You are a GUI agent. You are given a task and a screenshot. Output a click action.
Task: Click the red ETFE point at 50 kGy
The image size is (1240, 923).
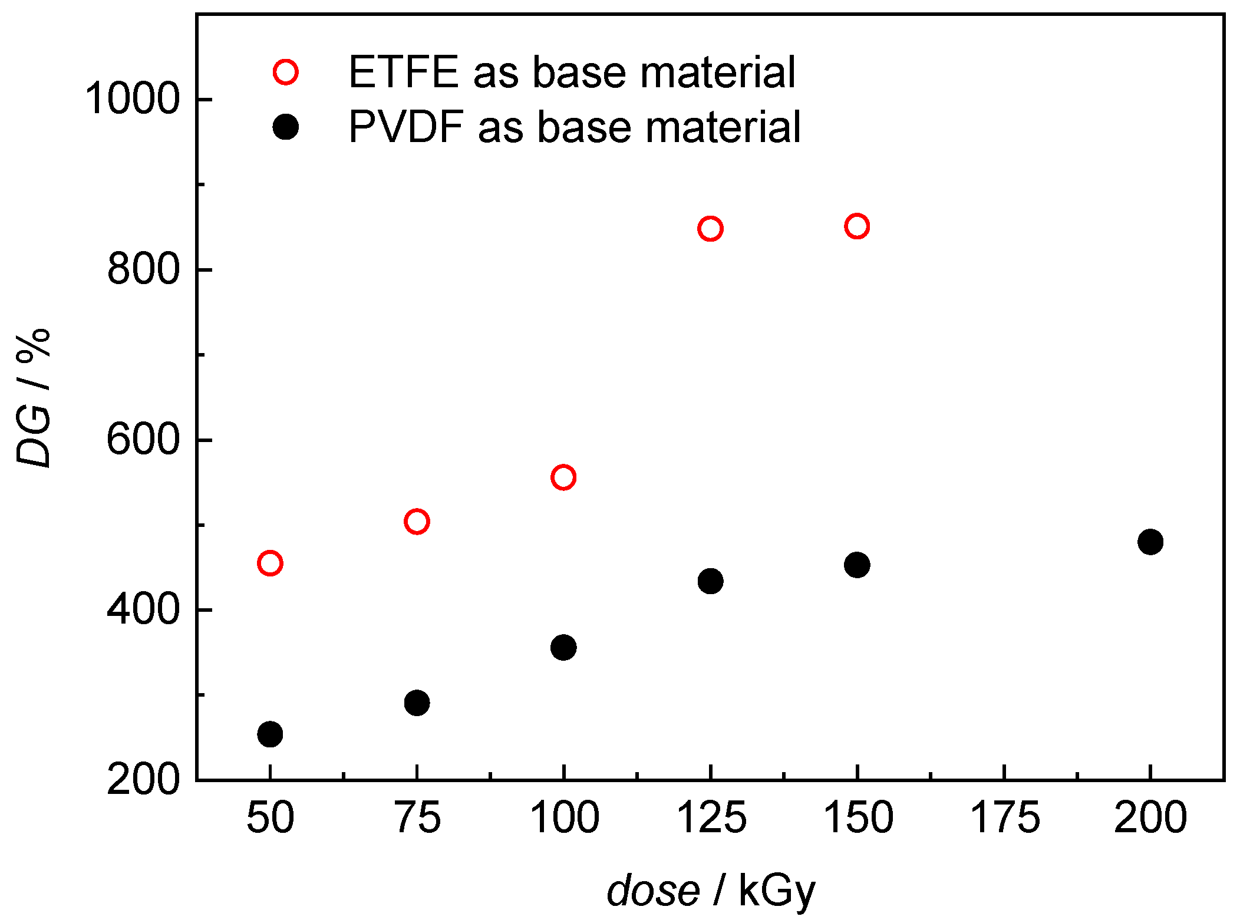270,563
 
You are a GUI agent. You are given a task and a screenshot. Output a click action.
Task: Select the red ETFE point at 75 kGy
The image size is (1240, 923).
417,522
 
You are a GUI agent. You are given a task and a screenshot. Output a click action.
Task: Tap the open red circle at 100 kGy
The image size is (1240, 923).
563,477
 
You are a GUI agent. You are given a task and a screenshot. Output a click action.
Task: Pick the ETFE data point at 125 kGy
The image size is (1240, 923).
710,229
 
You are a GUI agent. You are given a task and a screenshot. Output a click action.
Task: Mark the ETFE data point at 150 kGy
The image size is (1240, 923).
857,226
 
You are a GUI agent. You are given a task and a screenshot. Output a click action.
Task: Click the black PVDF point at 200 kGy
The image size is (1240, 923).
1150,542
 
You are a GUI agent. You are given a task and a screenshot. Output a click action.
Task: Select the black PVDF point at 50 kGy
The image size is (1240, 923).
270,734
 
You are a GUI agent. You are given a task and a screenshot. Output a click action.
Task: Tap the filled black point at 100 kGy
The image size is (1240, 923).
563,648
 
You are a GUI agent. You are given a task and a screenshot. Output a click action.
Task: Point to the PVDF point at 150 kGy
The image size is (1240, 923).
857,565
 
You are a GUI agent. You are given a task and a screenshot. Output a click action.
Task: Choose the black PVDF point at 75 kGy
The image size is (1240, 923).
417,703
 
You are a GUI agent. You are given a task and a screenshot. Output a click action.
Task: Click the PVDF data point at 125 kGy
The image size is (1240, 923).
710,582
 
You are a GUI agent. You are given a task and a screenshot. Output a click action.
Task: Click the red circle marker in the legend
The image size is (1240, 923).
286,72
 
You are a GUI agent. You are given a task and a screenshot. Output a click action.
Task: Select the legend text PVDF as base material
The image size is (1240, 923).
574,127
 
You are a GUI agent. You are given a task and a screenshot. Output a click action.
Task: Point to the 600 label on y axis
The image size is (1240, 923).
143,440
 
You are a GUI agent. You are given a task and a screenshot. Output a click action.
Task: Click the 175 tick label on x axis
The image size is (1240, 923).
1004,818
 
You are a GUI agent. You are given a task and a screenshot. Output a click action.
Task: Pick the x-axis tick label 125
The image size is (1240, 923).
711,818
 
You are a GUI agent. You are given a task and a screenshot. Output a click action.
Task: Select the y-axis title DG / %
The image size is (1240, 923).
34,398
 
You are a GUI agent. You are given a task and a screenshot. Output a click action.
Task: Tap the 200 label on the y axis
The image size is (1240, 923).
143,780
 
